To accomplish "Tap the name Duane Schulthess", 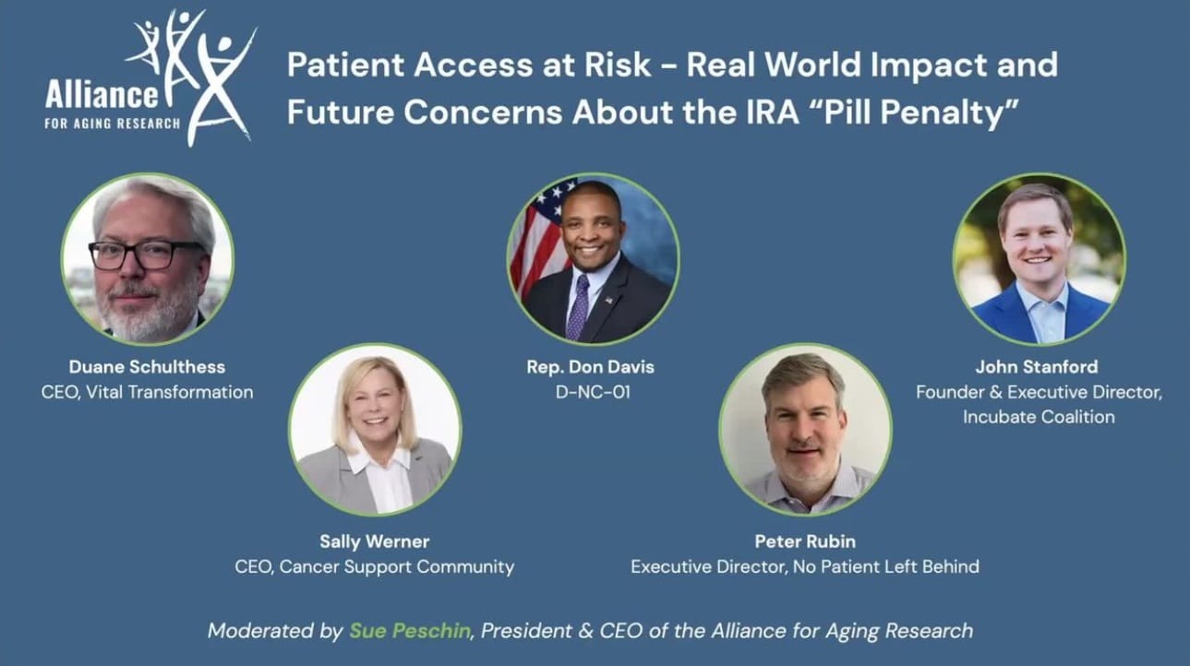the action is point(147,367).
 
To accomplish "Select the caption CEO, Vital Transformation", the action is point(147,392).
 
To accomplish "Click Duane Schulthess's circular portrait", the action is point(148,259).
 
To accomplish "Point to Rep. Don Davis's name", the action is point(590,367).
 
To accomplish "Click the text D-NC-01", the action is point(593,392).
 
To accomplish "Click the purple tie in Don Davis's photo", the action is point(578,307).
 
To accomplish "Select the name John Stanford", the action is point(1037,367).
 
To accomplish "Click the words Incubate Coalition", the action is point(1039,417).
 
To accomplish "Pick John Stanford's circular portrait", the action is point(1039,259).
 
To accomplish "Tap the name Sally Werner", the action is point(375,541).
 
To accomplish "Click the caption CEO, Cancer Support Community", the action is point(375,566).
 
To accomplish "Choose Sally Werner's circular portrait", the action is point(375,429).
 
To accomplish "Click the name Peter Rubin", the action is point(805,541).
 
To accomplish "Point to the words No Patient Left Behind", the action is point(886,566).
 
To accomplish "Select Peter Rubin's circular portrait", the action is point(805,429).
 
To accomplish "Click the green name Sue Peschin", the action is point(410,631).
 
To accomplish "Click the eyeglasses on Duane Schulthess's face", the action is point(147,256).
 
